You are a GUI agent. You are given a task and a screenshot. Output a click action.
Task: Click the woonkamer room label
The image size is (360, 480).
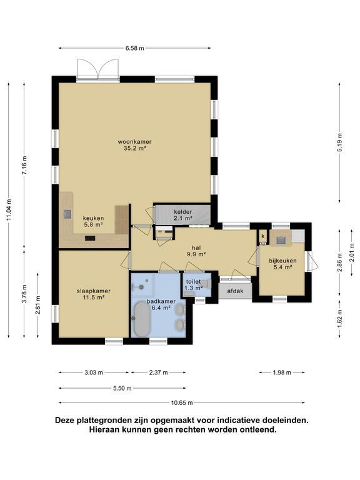[134, 145]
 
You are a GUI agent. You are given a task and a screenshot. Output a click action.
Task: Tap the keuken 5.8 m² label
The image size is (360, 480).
[93, 221]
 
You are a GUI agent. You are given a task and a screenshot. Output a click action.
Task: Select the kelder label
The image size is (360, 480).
[182, 216]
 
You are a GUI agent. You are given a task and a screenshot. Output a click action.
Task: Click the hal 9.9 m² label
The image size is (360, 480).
[196, 251]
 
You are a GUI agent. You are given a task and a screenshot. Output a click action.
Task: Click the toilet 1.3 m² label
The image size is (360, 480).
[194, 285]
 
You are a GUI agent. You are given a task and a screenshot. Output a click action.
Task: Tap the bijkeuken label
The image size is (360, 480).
[282, 264]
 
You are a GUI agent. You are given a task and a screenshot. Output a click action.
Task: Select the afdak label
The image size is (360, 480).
[235, 291]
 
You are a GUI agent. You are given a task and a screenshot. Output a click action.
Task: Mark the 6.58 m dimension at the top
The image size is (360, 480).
[134, 47]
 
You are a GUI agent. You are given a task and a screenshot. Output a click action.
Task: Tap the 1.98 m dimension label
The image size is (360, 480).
[283, 372]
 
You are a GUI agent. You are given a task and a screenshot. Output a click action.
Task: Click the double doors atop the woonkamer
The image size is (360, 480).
[97, 69]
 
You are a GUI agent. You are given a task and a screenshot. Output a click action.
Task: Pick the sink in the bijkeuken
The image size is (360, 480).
[281, 238]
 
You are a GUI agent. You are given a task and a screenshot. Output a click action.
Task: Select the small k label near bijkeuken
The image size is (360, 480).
[263, 236]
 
